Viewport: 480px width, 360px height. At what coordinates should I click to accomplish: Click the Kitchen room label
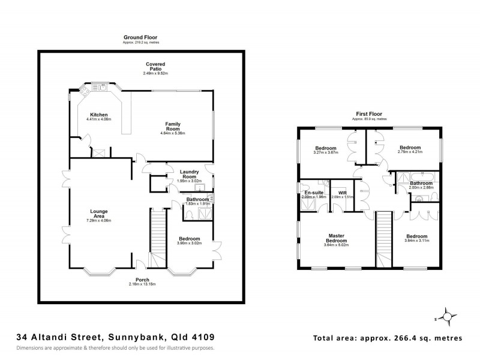point(99,115)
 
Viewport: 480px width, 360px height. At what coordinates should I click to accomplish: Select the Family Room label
point(173,126)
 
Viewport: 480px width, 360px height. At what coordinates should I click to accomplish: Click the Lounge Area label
point(99,213)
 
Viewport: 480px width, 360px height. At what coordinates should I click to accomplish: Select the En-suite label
point(314,192)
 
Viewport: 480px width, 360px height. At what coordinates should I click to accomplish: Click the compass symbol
point(447,314)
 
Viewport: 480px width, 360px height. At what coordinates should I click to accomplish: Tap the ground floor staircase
point(157,238)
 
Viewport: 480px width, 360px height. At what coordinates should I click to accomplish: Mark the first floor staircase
point(384,238)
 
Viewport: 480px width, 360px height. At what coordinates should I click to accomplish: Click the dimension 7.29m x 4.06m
point(99,221)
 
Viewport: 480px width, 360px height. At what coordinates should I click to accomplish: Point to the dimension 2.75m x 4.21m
point(411,152)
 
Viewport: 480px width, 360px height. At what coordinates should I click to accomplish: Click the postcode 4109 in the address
point(203,338)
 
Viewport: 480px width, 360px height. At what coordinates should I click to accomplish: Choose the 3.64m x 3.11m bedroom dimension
point(417,241)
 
